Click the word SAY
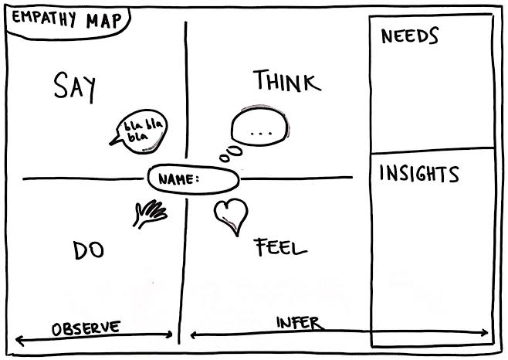coord(75,87)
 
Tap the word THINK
coord(287,80)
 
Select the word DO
coord(89,250)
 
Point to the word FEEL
coord(280,247)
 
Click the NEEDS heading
coord(410,36)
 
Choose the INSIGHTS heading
coord(419,174)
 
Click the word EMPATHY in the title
coord(44,19)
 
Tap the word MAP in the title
coord(103,21)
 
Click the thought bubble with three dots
coord(259,126)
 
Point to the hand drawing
coord(150,214)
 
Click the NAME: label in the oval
coord(178,179)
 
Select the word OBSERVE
coord(86,328)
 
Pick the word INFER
coord(300,323)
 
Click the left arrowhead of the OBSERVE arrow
coord(18,340)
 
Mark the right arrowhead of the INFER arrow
coord(486,332)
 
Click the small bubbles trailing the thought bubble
coord(231,154)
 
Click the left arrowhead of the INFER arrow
coord(192,335)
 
